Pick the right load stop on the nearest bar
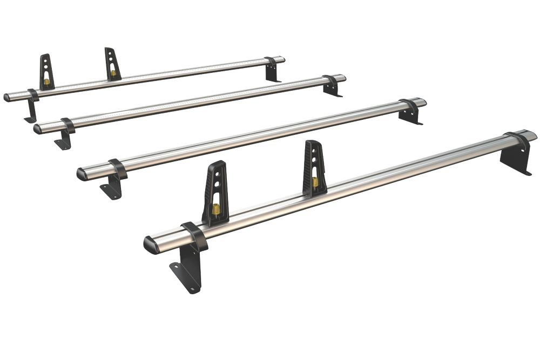pyautogui.click(x=315, y=167)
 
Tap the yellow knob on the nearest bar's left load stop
pyautogui.click(x=215, y=210)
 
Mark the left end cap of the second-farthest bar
pyautogui.click(x=37, y=128)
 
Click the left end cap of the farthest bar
pyautogui.click(x=6, y=98)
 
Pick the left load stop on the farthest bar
pyautogui.click(x=46, y=71)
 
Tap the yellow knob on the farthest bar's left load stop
pyautogui.click(x=46, y=81)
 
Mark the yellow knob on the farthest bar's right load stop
pyautogui.click(x=112, y=72)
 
